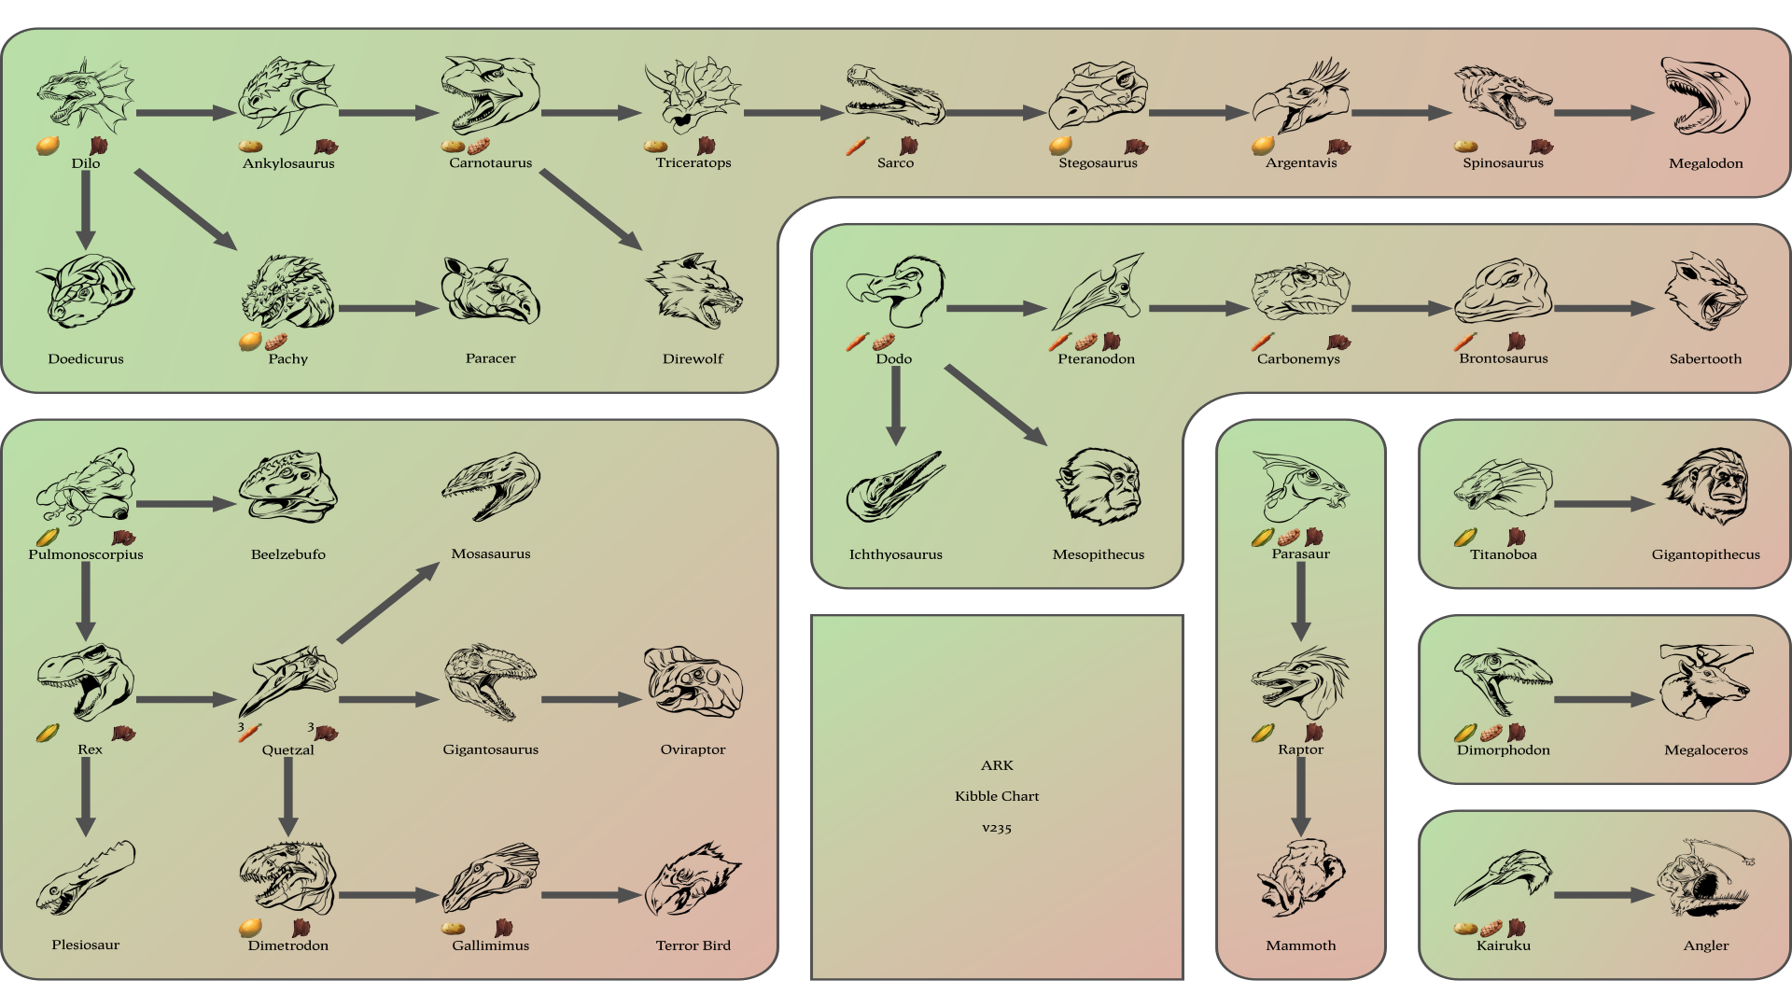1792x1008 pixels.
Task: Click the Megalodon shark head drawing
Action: [1705, 97]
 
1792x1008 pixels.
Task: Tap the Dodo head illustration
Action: [894, 290]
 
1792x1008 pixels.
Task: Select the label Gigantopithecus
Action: [1705, 554]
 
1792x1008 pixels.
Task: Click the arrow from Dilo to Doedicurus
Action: [86, 210]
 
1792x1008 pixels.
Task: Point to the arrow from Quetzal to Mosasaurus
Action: [387, 602]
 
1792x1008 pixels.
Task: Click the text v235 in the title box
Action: [997, 828]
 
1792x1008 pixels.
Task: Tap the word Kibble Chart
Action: [997, 796]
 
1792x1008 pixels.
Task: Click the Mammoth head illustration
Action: [1301, 878]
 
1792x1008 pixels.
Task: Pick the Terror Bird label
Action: [693, 945]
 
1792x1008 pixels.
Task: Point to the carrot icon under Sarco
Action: [858, 147]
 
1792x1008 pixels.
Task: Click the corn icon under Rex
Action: [49, 733]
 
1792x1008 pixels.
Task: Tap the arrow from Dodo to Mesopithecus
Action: [995, 404]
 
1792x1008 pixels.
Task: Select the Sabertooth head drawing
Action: [1705, 292]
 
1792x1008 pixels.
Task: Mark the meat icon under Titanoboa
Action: [1516, 537]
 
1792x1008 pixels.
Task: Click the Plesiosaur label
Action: [86, 945]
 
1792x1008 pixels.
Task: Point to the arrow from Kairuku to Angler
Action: [1603, 895]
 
